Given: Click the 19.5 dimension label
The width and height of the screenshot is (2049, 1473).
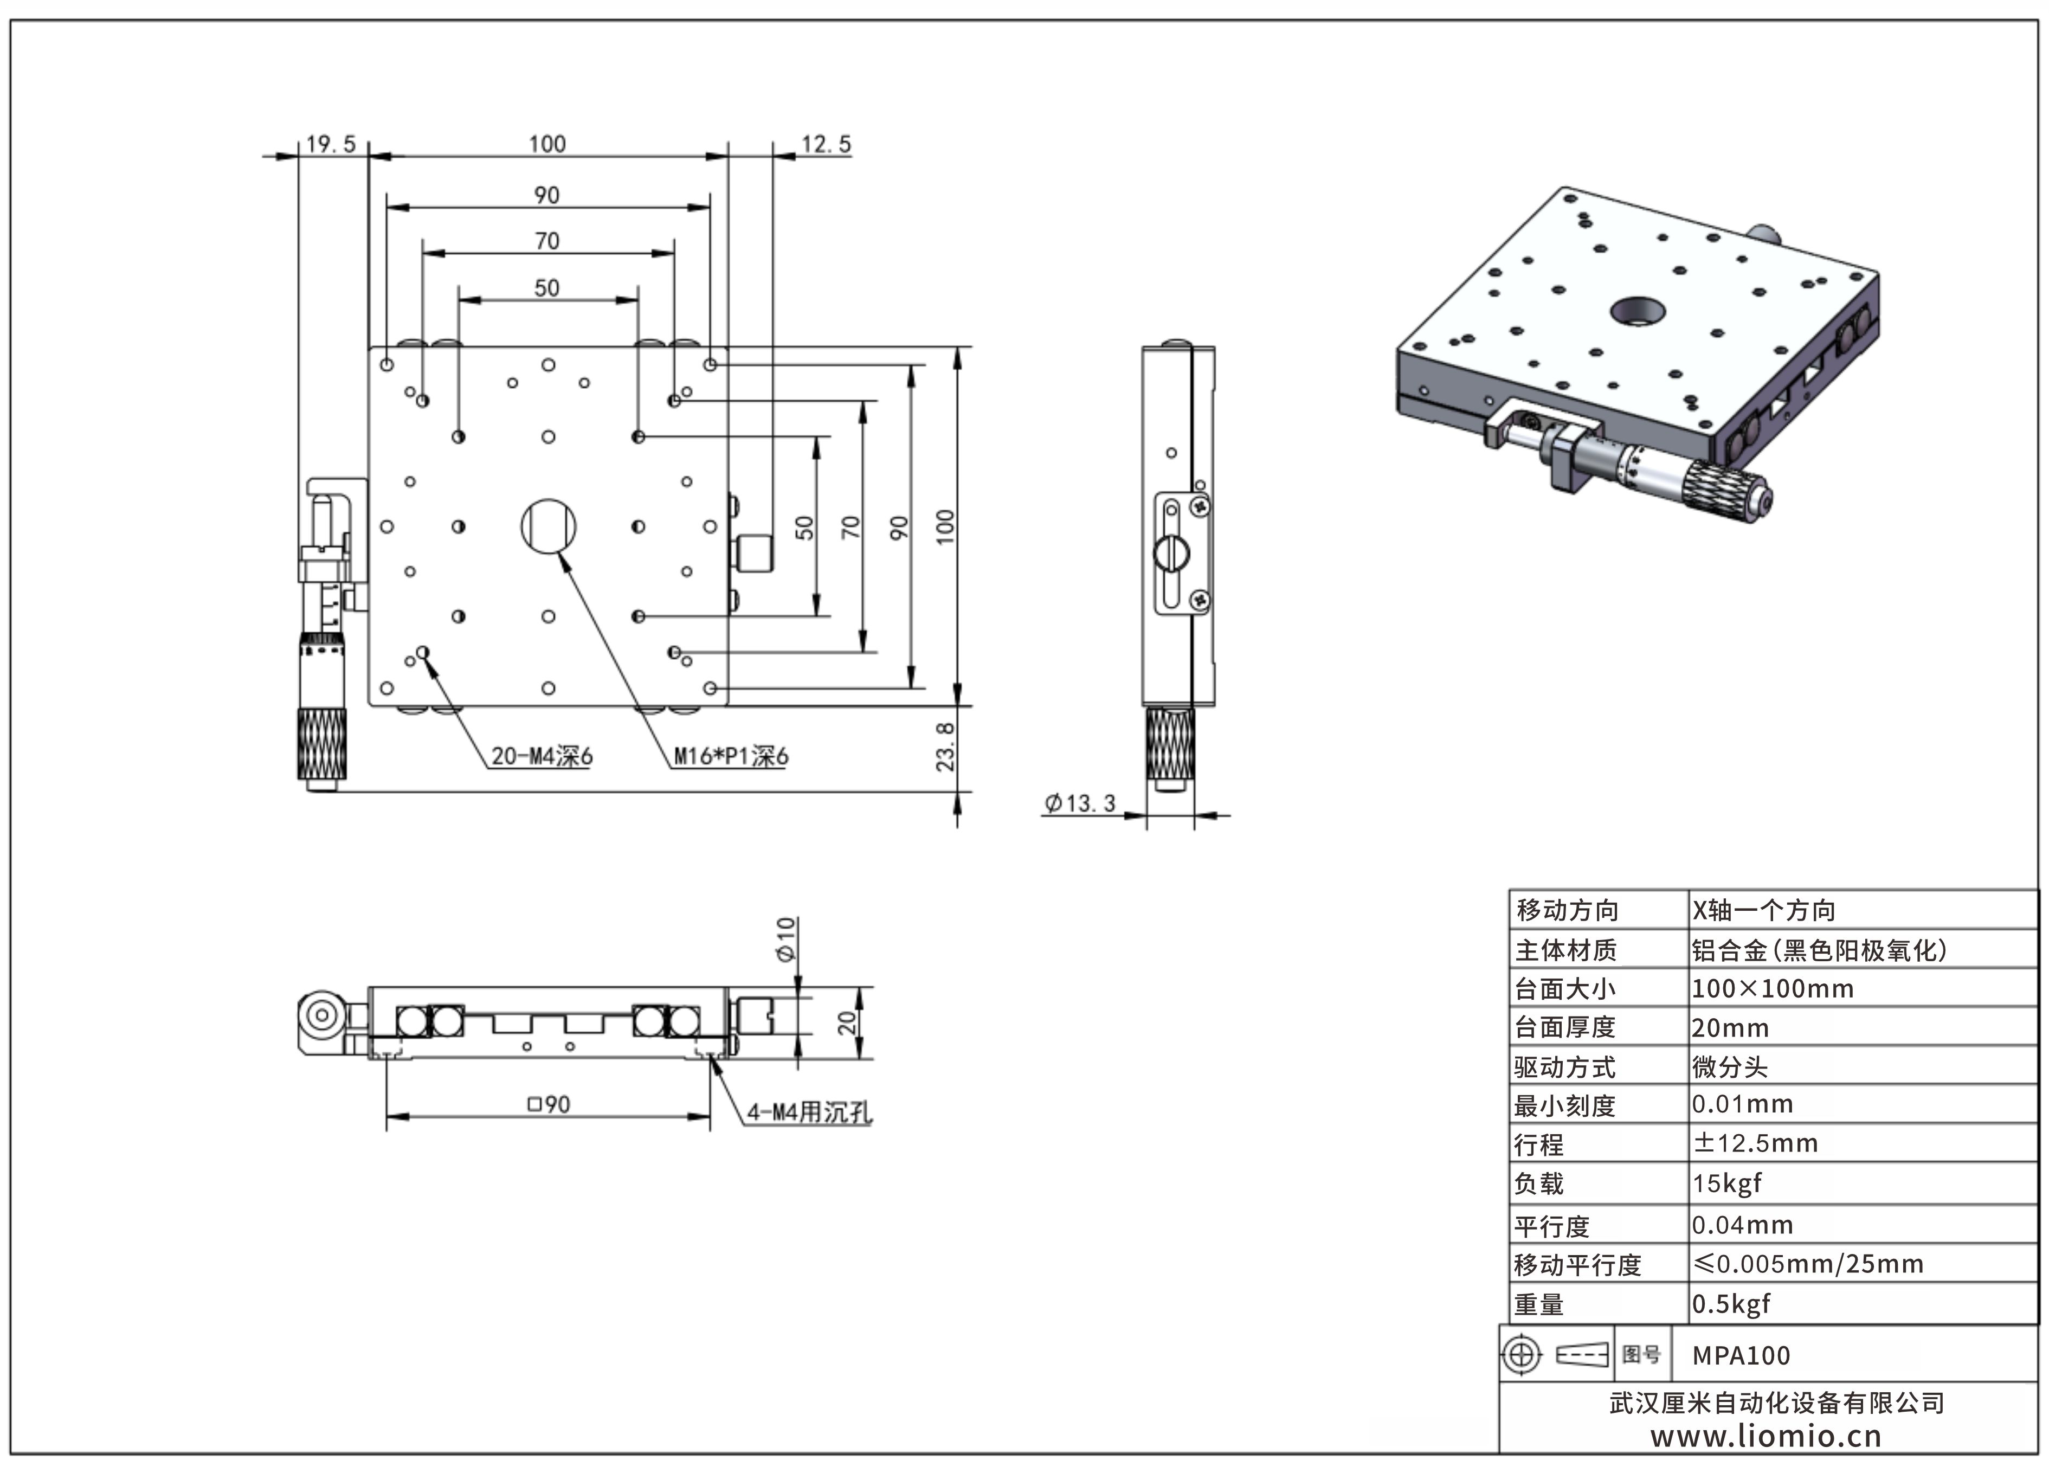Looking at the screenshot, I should point(331,145).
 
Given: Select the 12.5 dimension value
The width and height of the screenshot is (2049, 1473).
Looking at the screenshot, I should point(826,145).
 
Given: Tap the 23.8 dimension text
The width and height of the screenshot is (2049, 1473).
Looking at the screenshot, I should point(945,747).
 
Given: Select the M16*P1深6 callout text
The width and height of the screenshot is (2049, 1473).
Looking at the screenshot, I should point(731,756).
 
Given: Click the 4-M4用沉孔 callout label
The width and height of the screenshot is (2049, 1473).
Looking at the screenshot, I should point(809,1112).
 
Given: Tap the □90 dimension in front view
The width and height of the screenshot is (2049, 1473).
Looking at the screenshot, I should point(549,1104).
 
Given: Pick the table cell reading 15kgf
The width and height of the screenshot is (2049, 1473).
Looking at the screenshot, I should point(1726,1183).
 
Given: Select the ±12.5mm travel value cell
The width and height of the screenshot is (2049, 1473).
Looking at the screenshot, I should point(1755,1143).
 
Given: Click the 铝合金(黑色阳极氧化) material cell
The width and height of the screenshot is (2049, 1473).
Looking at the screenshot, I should point(1819,950).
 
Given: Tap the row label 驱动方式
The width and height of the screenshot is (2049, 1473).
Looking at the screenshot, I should point(1565,1067).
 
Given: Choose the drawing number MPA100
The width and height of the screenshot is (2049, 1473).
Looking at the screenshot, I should point(1741,1355).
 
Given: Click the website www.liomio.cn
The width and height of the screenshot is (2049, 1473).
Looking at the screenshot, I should point(1766,1437).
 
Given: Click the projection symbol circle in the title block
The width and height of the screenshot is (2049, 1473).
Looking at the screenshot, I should point(1522,1355).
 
